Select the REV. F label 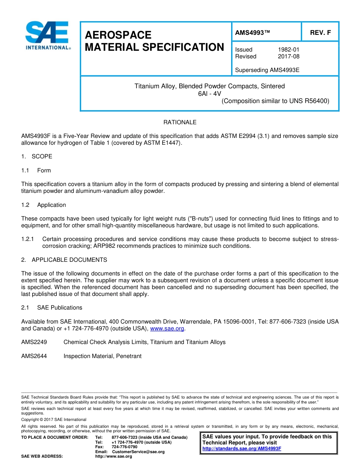coord(320,33)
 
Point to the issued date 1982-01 coord(288,50)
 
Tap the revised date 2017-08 coord(288,56)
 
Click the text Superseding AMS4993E coord(267,70)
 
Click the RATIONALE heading coord(180,122)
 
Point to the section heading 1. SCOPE coord(37,156)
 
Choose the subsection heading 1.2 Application coord(44,205)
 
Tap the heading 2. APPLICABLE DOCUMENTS coord(64,260)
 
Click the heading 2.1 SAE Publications coord(52,308)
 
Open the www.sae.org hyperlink coord(167,328)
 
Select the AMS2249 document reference coord(34,342)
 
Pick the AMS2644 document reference coord(34,356)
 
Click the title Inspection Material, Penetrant coord(102,356)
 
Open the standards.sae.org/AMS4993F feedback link coord(242,449)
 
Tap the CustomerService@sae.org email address coord(138,452)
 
